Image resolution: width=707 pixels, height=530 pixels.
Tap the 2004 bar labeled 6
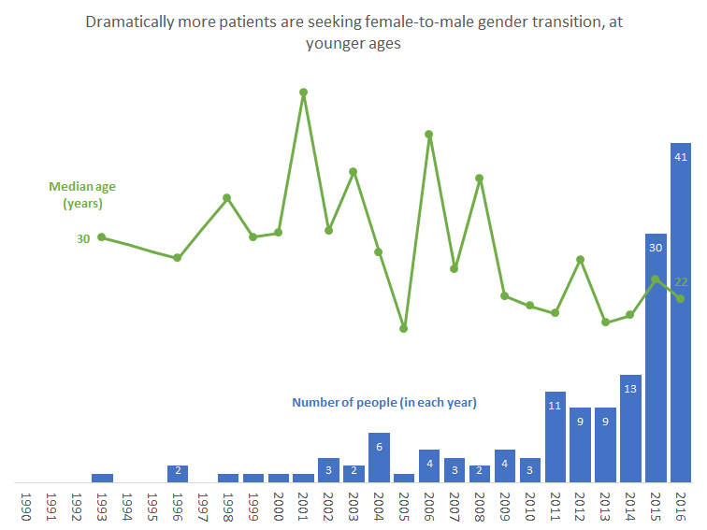click(379, 458)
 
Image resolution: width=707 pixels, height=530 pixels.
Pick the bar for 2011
click(555, 437)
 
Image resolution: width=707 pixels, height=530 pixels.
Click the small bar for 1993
click(102, 478)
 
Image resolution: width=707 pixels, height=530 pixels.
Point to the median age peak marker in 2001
click(304, 93)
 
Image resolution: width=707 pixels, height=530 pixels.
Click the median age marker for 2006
click(428, 135)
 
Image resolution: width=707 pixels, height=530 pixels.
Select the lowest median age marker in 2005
click(404, 329)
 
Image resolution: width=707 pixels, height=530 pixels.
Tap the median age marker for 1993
click(102, 237)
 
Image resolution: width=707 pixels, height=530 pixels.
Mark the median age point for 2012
click(581, 260)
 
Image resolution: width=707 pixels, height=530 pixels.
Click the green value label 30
click(83, 238)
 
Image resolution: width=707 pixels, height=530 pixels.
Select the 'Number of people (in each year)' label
click(384, 403)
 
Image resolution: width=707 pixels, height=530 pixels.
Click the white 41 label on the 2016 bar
click(681, 158)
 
